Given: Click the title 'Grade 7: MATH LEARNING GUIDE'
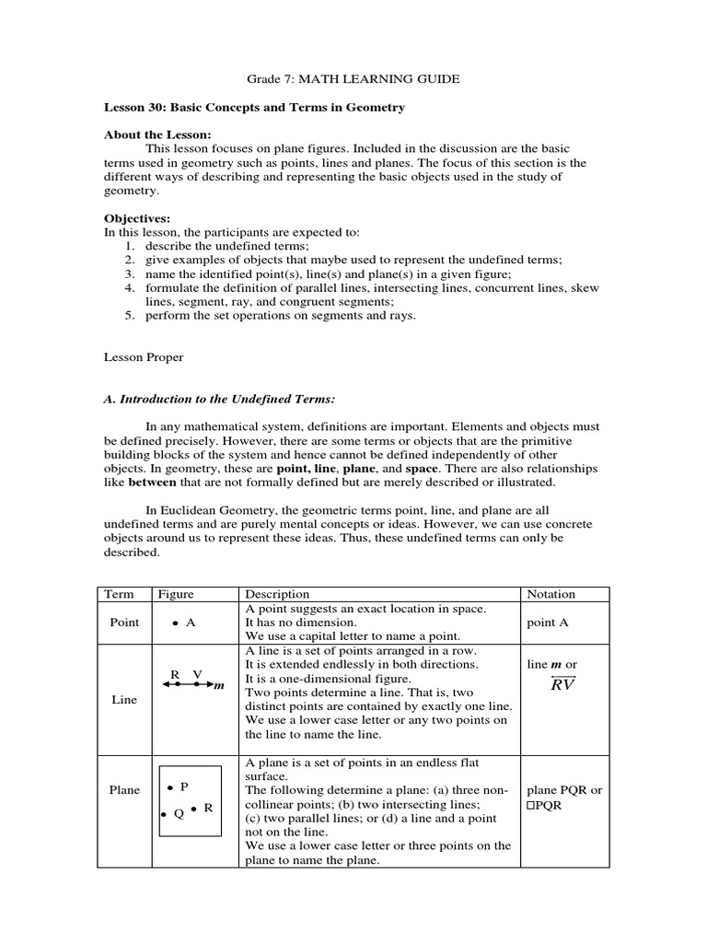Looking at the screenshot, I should tap(354, 79).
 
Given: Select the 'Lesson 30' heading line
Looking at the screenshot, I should tap(254, 108).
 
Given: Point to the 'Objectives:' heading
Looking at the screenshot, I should tap(136, 219).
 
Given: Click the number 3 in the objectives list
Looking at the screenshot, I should tap(130, 274).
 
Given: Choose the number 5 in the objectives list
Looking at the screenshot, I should tap(130, 316).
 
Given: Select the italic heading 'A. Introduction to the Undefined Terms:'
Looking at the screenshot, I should tap(219, 398).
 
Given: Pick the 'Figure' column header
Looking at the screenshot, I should tap(177, 595).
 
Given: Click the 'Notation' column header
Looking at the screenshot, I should tap(551, 595).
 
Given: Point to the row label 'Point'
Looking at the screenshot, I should tap(124, 623).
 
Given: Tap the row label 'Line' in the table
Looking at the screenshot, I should tap(124, 700).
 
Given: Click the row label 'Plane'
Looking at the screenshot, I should tap(124, 790).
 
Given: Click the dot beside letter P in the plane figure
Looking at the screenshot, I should tap(170, 787).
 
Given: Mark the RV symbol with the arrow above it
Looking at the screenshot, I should tap(562, 684).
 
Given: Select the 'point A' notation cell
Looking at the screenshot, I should tap(548, 623).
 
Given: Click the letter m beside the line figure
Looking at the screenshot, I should tap(219, 686).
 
